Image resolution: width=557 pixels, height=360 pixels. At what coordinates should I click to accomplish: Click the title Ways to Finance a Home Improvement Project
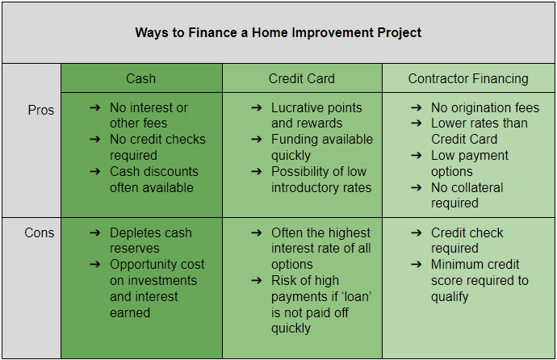tap(278, 32)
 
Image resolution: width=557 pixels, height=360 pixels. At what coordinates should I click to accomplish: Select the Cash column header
tap(140, 78)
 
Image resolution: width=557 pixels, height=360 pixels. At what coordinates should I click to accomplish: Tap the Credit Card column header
tap(302, 78)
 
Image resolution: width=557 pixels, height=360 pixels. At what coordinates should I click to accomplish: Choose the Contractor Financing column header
tap(468, 79)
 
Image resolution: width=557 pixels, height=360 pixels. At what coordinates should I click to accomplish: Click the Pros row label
tap(41, 110)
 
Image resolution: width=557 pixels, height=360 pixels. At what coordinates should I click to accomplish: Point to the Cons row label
tap(39, 233)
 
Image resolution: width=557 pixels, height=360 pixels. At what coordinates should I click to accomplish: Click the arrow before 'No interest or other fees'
tap(94, 107)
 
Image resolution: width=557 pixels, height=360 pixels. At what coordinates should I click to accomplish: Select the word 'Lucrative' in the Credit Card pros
tap(294, 107)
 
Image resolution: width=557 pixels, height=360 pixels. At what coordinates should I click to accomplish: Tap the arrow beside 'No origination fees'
tap(417, 107)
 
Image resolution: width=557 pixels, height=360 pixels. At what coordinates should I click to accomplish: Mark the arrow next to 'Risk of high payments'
tap(257, 281)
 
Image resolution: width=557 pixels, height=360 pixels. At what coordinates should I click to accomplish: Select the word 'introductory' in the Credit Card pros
tap(302, 187)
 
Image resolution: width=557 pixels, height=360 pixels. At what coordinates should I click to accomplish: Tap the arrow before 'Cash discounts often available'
tap(94, 171)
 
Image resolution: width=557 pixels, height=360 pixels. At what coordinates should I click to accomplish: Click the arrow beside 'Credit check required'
tap(417, 233)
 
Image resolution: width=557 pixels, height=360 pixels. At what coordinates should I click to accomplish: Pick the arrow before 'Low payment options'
tap(417, 155)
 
